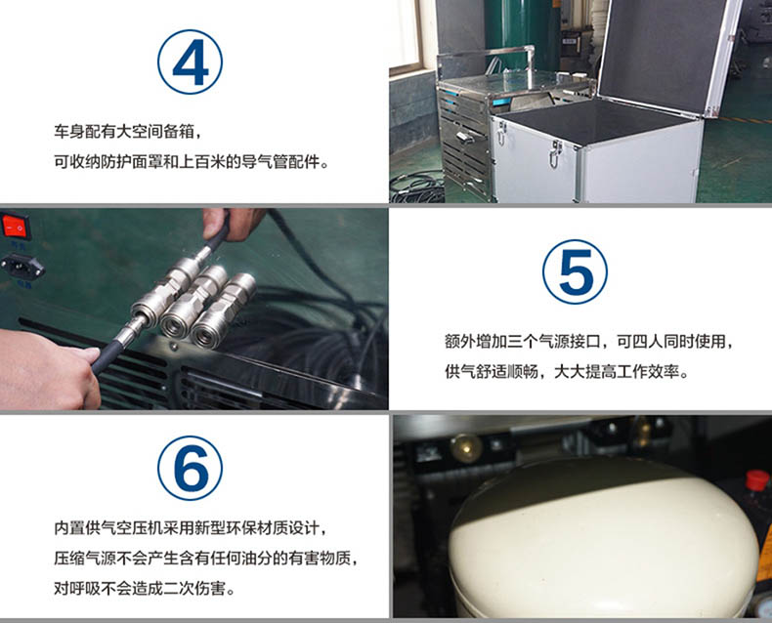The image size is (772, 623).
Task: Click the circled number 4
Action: pyautogui.click(x=190, y=62)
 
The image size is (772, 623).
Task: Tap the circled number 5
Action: pyautogui.click(x=575, y=271)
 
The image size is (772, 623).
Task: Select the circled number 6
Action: pyautogui.click(x=190, y=469)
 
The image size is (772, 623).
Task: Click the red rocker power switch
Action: pyautogui.click(x=16, y=226)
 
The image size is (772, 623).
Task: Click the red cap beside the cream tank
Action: pyautogui.click(x=756, y=479)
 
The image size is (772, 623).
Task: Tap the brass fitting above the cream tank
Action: pyautogui.click(x=466, y=447)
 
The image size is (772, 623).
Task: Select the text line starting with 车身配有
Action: pyautogui.click(x=127, y=132)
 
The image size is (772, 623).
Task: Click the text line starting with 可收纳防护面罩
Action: pyautogui.click(x=191, y=161)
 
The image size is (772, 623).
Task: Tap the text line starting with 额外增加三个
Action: pyautogui.click(x=588, y=341)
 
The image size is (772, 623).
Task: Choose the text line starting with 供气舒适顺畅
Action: pyautogui.click(x=567, y=371)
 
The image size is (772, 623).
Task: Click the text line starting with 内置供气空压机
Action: pyautogui.click(x=190, y=528)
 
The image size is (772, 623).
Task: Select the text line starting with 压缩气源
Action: pyautogui.click(x=206, y=558)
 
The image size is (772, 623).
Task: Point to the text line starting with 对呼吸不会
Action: pyautogui.click(x=145, y=588)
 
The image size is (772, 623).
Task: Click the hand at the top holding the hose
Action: pyautogui.click(x=233, y=224)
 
